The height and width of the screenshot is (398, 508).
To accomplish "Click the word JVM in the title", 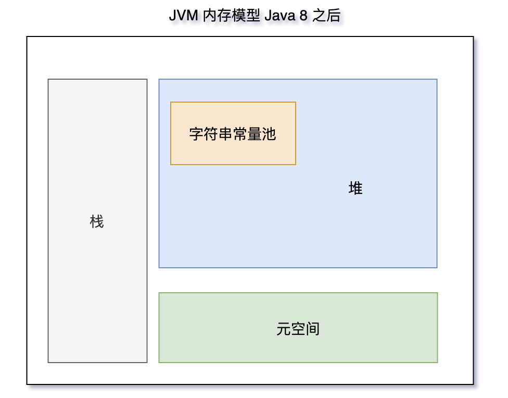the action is [x=183, y=16].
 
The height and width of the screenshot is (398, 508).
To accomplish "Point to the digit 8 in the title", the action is [x=303, y=16].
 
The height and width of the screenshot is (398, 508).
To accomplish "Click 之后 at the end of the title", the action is [x=326, y=16].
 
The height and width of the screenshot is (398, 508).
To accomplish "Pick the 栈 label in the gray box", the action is [x=97, y=222].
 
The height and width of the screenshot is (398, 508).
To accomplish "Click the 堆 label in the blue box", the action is [x=355, y=189].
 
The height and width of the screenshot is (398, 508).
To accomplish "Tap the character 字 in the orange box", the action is [x=196, y=134].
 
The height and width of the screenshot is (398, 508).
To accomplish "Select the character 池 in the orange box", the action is [x=269, y=134].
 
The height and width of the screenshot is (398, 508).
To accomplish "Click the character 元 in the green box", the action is [x=284, y=329].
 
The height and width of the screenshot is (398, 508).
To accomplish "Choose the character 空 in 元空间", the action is [x=298, y=329].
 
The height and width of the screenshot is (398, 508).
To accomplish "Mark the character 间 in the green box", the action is [x=312, y=329].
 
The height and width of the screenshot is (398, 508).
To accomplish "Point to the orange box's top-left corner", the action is [x=171, y=102].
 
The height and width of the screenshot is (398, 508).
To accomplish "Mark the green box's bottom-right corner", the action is [x=437, y=362].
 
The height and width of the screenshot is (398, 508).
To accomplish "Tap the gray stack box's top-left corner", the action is [x=48, y=79].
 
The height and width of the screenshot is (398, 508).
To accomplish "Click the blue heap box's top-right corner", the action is [x=437, y=79].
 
